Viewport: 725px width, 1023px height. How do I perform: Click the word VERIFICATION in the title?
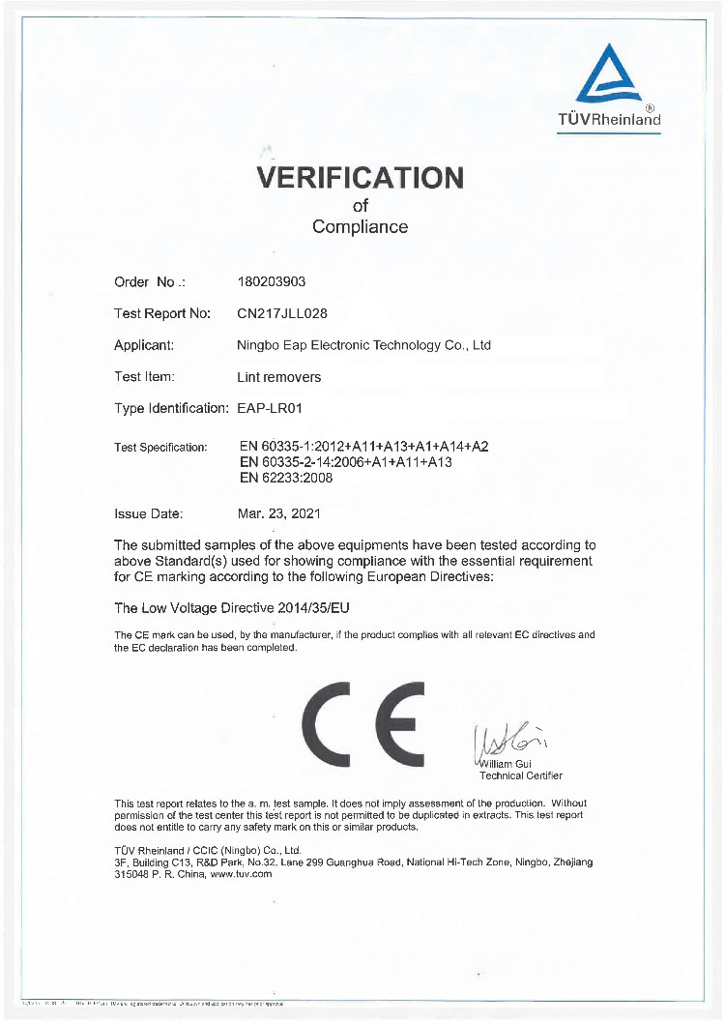click(x=360, y=178)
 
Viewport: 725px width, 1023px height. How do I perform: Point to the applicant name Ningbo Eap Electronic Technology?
click(x=363, y=345)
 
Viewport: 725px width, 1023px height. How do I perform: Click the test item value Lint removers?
click(x=278, y=376)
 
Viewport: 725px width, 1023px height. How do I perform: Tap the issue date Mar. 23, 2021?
click(x=279, y=513)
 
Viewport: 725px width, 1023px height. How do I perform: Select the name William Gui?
click(x=507, y=764)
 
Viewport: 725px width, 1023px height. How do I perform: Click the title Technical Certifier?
click(x=520, y=775)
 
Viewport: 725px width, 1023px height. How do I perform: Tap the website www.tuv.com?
click(x=241, y=873)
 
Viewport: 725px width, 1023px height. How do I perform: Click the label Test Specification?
click(x=160, y=448)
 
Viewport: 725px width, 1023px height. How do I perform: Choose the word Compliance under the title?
click(x=360, y=227)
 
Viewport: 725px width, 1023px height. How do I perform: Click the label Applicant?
click(x=144, y=345)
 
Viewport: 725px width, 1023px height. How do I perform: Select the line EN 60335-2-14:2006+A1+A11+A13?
click(x=345, y=462)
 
